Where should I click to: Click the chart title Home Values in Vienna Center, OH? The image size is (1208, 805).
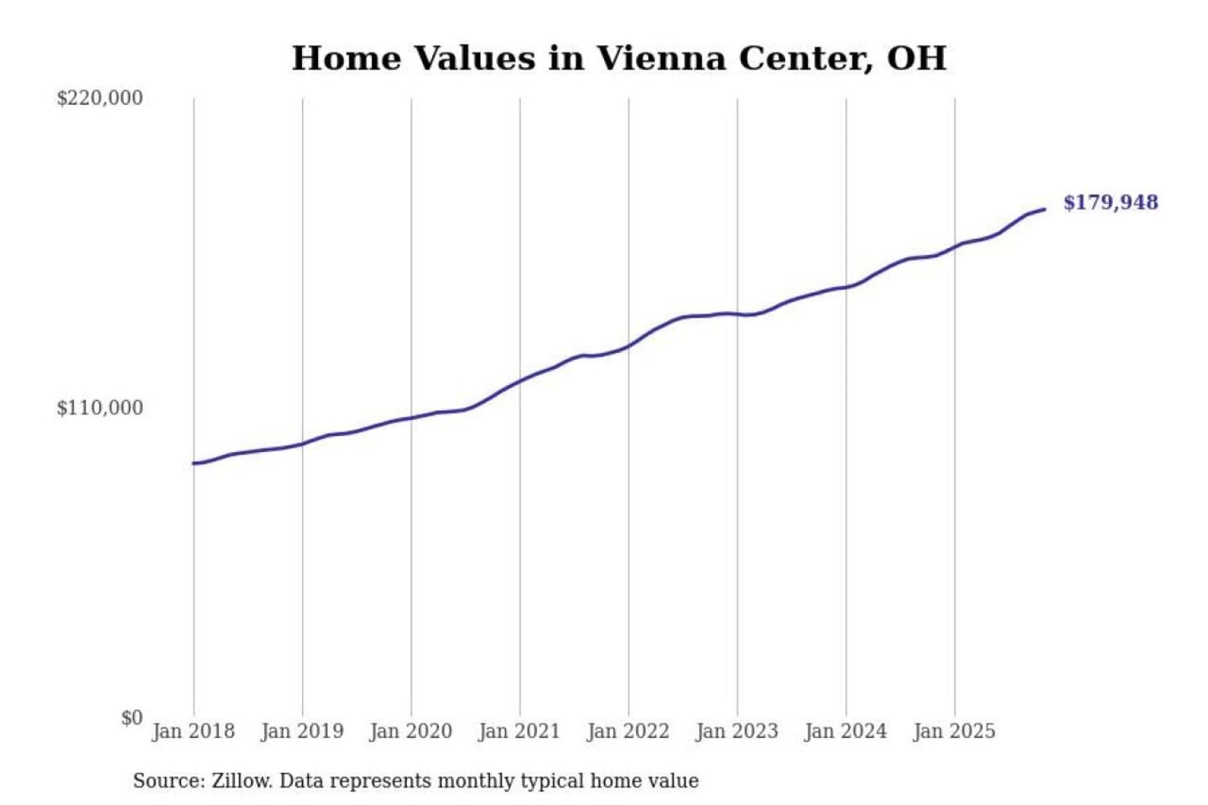pos(619,59)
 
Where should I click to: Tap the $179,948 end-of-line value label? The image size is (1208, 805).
pos(1110,203)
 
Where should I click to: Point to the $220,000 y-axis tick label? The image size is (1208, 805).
pos(100,98)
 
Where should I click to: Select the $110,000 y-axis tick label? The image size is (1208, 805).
pos(100,408)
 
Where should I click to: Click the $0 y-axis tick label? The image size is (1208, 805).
pos(132,718)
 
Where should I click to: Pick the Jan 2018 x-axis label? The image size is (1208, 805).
pos(194,731)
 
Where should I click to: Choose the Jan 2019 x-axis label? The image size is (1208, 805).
pos(302,731)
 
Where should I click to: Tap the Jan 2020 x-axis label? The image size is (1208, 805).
pos(411,731)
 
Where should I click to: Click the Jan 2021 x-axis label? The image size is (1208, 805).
pos(519,731)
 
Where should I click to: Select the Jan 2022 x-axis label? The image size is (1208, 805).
pos(628,731)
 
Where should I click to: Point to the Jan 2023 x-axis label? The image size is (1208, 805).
pos(737,731)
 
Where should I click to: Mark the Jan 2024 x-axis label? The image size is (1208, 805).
pos(846,731)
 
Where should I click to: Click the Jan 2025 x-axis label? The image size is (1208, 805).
pos(955,731)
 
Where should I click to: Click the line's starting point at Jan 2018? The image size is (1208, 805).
pos(195,463)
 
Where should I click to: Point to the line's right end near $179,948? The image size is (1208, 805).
pos(1044,209)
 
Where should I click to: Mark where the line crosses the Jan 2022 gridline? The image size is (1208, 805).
pos(628,345)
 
